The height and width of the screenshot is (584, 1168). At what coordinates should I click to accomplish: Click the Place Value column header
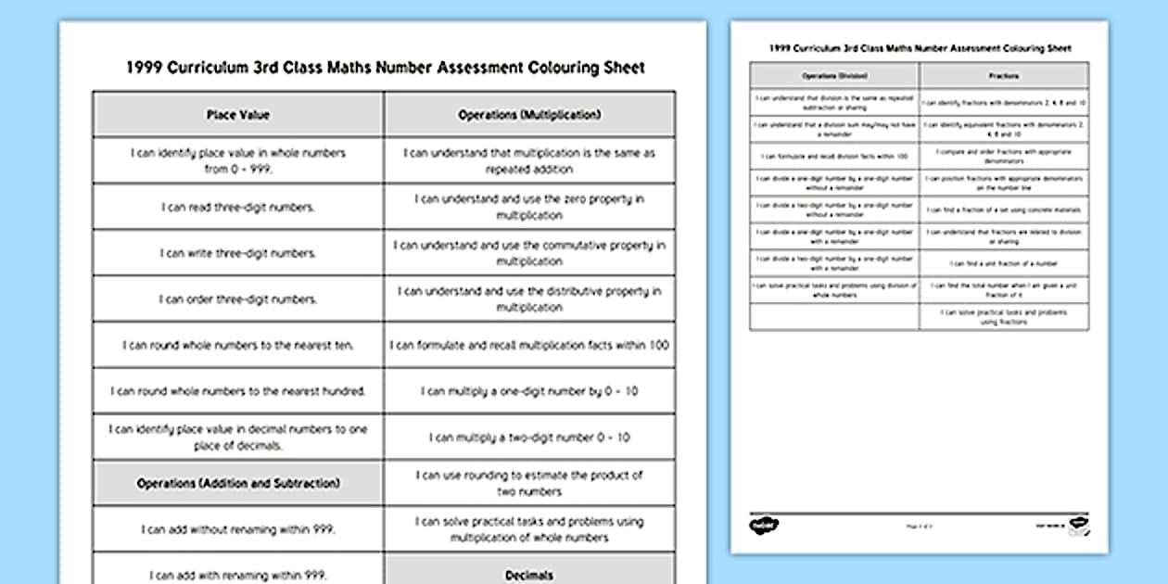(x=238, y=115)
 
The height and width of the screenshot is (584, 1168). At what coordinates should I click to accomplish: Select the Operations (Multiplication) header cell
(x=529, y=115)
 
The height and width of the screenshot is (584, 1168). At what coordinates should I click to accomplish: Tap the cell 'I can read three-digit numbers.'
(x=238, y=207)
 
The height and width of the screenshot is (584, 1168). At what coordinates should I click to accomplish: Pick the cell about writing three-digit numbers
(x=238, y=253)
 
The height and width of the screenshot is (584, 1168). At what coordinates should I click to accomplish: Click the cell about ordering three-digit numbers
(x=238, y=299)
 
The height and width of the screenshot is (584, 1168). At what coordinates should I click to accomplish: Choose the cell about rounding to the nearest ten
(x=238, y=346)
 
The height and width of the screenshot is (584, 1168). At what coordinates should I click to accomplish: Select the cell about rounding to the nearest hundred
(x=238, y=391)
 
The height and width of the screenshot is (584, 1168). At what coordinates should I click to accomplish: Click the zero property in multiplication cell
(x=529, y=207)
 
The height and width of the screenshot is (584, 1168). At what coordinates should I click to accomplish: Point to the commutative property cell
(x=529, y=253)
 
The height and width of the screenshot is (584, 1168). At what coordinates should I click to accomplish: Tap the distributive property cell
(x=529, y=299)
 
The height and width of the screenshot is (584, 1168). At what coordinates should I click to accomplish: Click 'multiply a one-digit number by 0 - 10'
(x=529, y=391)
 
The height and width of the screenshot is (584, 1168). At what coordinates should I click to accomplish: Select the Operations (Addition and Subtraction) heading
(x=238, y=483)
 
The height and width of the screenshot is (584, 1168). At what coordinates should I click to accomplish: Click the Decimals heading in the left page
(x=529, y=575)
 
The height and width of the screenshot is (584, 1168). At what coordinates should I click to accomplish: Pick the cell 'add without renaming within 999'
(x=238, y=529)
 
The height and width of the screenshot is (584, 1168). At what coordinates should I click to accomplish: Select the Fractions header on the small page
(x=1004, y=76)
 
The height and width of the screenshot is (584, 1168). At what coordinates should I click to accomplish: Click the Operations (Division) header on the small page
(x=834, y=76)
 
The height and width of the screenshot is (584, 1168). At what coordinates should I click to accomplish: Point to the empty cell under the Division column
(x=834, y=316)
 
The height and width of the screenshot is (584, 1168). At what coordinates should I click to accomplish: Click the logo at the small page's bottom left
(x=764, y=526)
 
